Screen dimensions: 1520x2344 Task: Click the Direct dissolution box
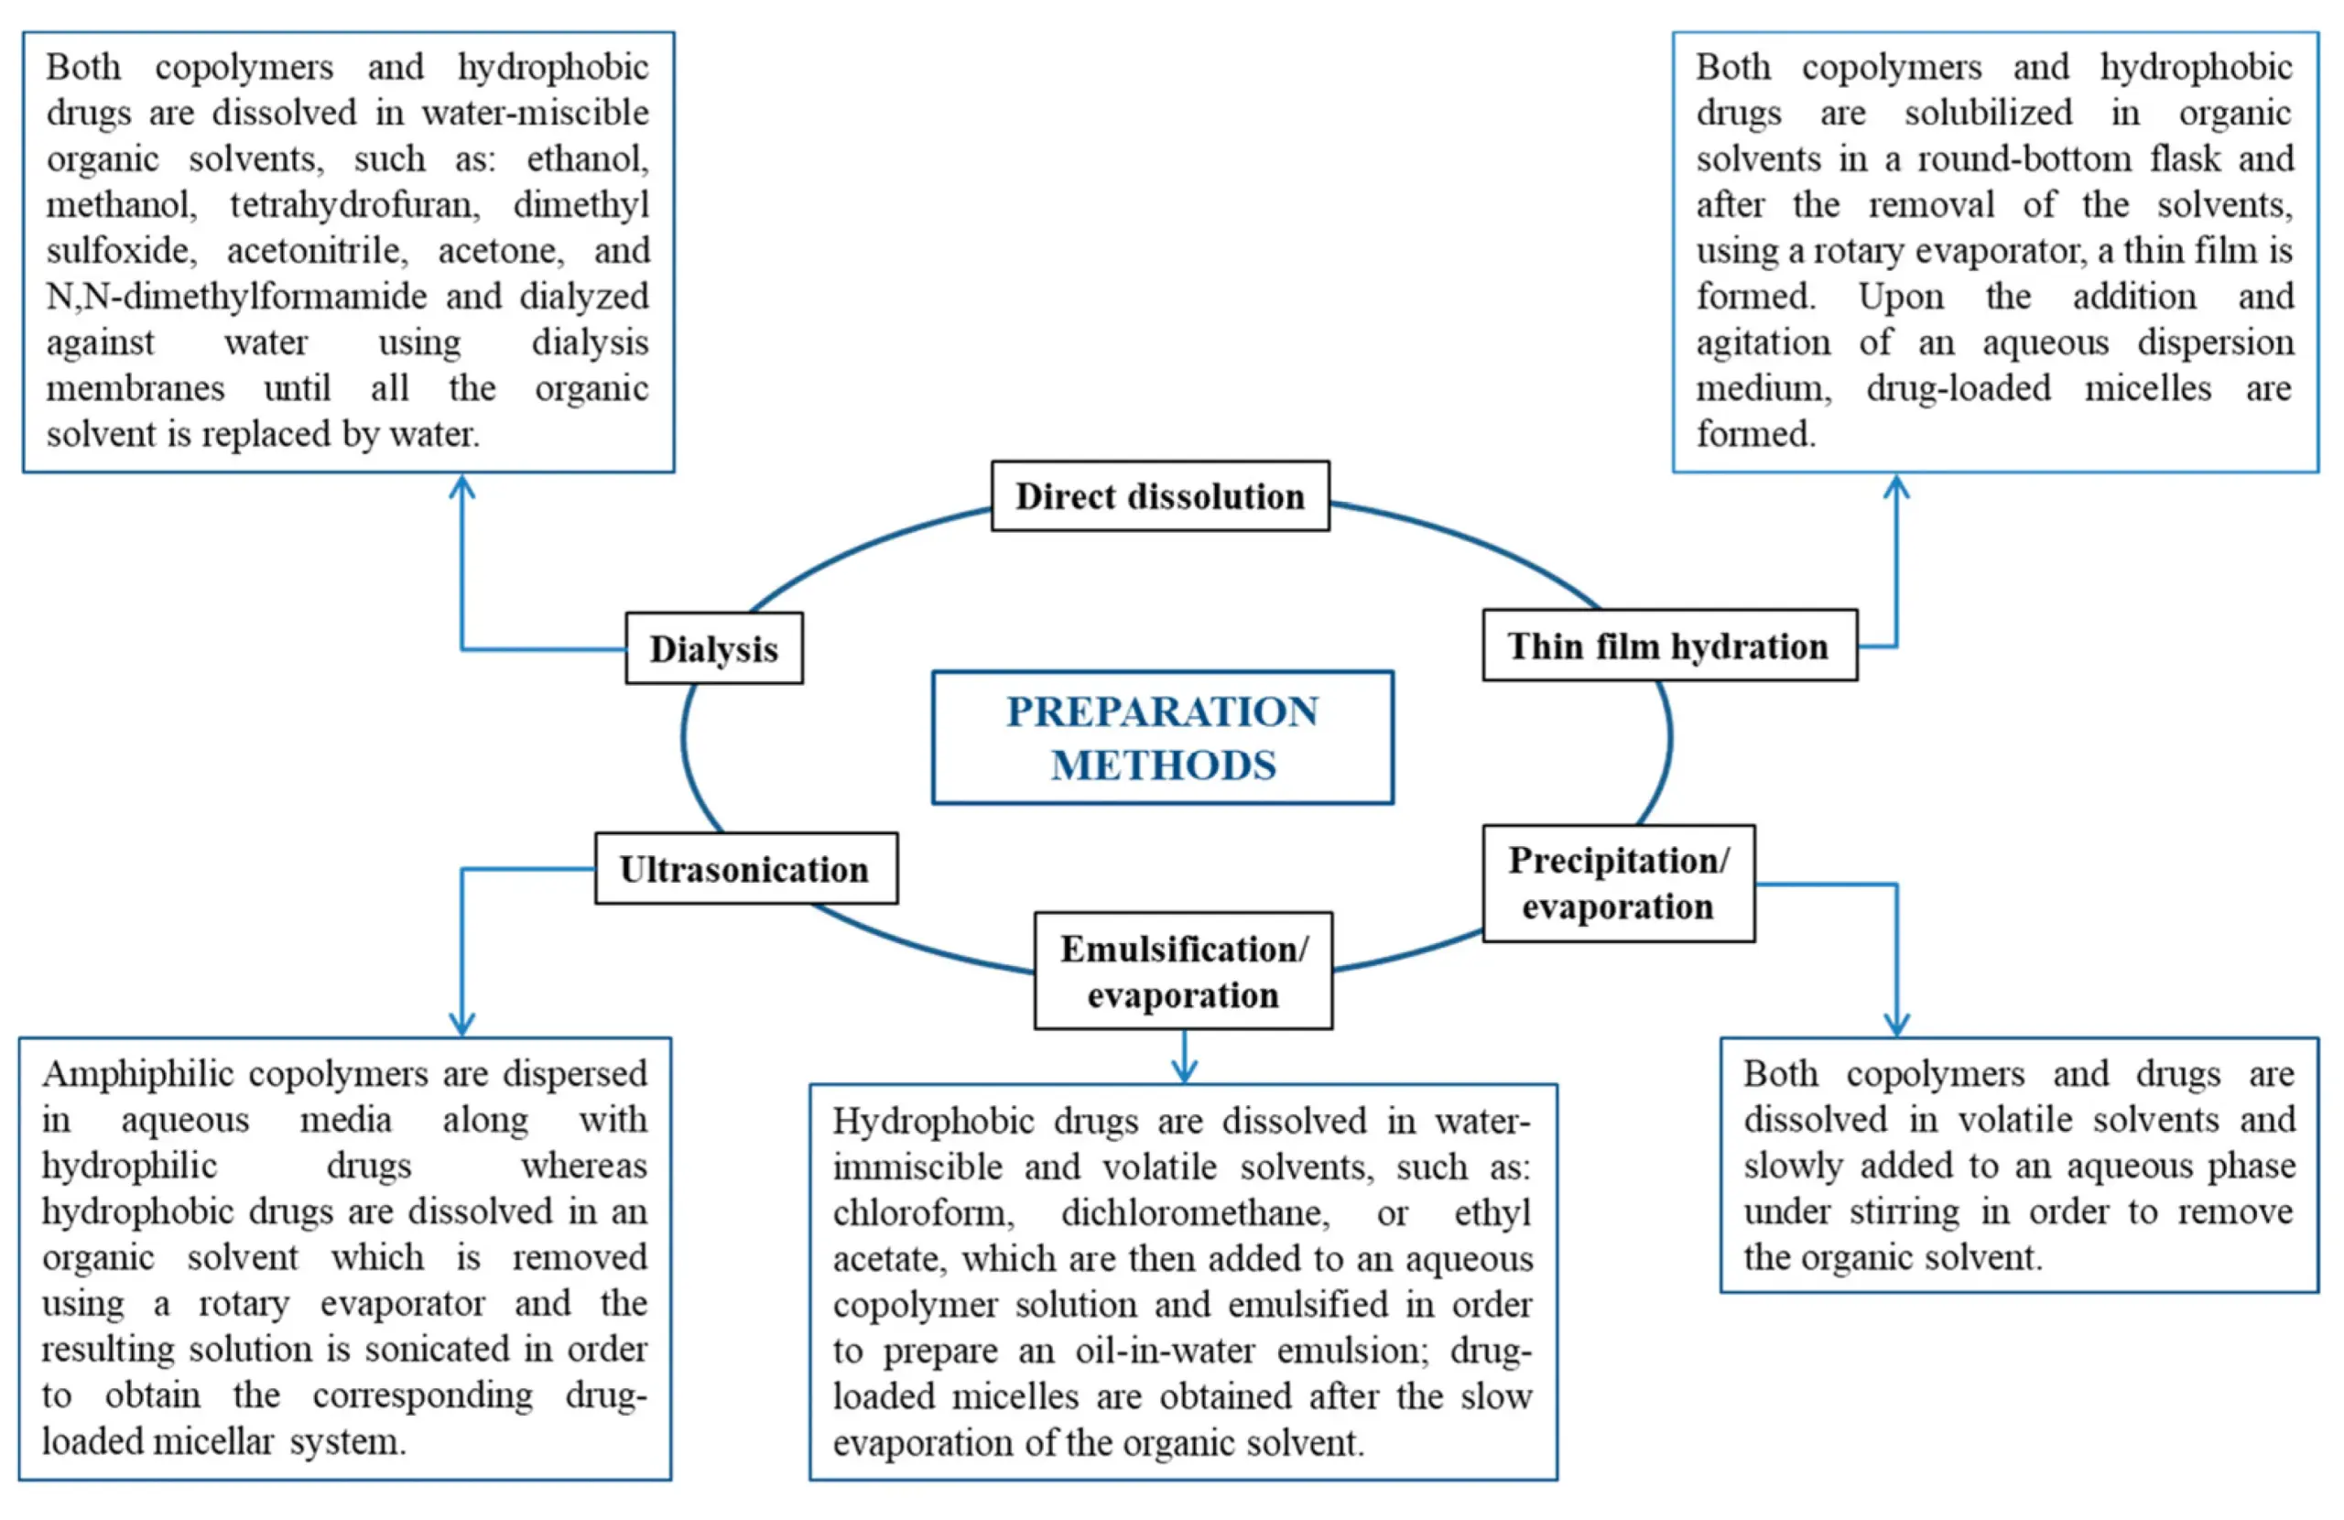pos(1159,496)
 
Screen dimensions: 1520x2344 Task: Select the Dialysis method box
pos(714,648)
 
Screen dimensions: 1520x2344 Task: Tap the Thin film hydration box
pos(1668,646)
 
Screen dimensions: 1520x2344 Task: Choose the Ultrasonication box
pos(744,869)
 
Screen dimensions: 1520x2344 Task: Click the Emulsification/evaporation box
pos(1183,972)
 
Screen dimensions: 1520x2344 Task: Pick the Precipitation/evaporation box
pos(1617,884)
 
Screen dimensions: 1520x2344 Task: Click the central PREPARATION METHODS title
pos(1162,738)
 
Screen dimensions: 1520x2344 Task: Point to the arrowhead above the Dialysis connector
pos(461,486)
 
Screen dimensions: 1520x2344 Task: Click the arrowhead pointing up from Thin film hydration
pos(1896,486)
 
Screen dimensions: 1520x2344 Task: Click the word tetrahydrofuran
pos(354,205)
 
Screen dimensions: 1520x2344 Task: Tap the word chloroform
pos(923,1212)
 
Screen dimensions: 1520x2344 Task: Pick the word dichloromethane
pos(1195,1212)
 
